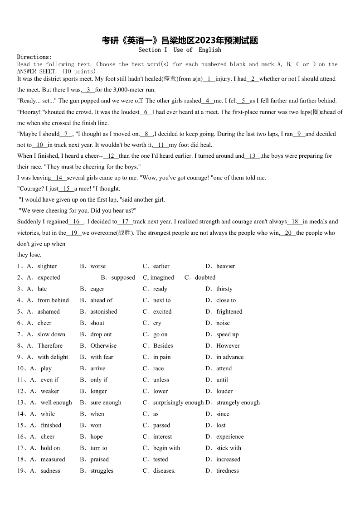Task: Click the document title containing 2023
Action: [180, 41]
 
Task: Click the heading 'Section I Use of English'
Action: [180, 50]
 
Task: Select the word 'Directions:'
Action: [34, 57]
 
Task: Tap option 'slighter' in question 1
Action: [47, 267]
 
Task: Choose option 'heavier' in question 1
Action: [225, 267]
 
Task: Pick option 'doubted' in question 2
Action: [205, 278]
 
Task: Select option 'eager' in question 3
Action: [97, 289]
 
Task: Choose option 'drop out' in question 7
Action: [101, 334]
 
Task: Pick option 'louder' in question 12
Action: [224, 391]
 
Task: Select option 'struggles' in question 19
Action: [102, 470]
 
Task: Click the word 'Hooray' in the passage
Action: [29, 112]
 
